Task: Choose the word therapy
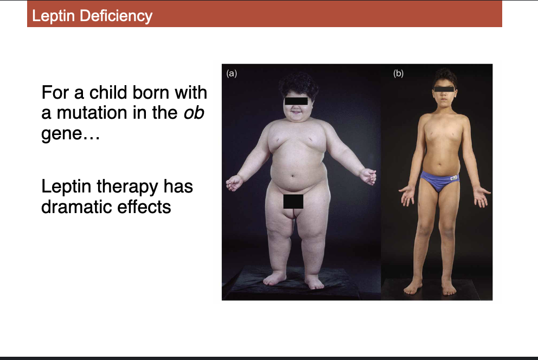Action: click(129, 187)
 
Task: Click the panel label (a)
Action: click(232, 73)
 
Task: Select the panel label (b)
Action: click(399, 73)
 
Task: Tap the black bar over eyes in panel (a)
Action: click(296, 100)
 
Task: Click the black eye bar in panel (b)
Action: click(444, 88)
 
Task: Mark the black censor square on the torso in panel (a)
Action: click(293, 201)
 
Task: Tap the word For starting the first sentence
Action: click(55, 93)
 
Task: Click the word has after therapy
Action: click(178, 187)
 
